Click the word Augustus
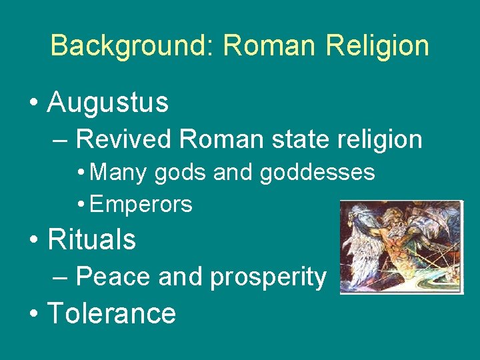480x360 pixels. (108, 103)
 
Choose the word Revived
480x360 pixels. (124, 139)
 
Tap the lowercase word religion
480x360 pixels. (382, 139)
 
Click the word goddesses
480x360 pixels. (317, 173)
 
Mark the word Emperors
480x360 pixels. (141, 204)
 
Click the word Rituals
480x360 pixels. (92, 240)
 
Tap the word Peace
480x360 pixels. (114, 276)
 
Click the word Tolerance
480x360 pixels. (112, 313)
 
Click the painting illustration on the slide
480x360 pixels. (401, 247)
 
